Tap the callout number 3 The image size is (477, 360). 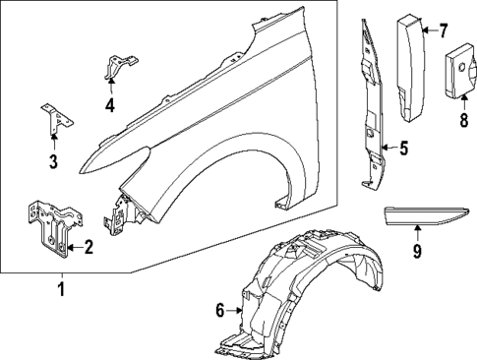(53, 162)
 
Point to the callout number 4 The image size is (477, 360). (110, 104)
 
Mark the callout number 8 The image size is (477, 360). (462, 123)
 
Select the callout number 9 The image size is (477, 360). (416, 254)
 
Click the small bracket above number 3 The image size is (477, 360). (54, 118)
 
